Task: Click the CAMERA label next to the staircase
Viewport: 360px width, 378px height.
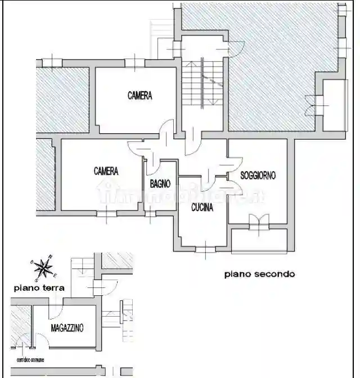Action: click(139, 96)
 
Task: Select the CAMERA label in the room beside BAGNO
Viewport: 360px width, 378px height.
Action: click(106, 170)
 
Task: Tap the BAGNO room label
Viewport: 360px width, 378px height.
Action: click(160, 183)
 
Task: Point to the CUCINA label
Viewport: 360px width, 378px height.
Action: click(202, 208)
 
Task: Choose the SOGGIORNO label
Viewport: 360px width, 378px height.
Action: click(258, 175)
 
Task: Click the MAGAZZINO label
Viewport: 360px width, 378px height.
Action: click(67, 328)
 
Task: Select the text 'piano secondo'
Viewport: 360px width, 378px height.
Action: click(259, 274)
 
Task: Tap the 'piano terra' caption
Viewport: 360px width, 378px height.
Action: click(39, 287)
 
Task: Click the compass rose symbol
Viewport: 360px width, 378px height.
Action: click(43, 267)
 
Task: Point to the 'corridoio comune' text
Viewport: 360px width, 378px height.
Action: click(30, 359)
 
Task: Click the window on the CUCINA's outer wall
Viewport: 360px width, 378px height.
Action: click(206, 248)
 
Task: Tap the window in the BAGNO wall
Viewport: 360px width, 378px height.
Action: click(151, 214)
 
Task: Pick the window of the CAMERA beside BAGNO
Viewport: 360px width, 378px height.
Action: click(106, 213)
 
